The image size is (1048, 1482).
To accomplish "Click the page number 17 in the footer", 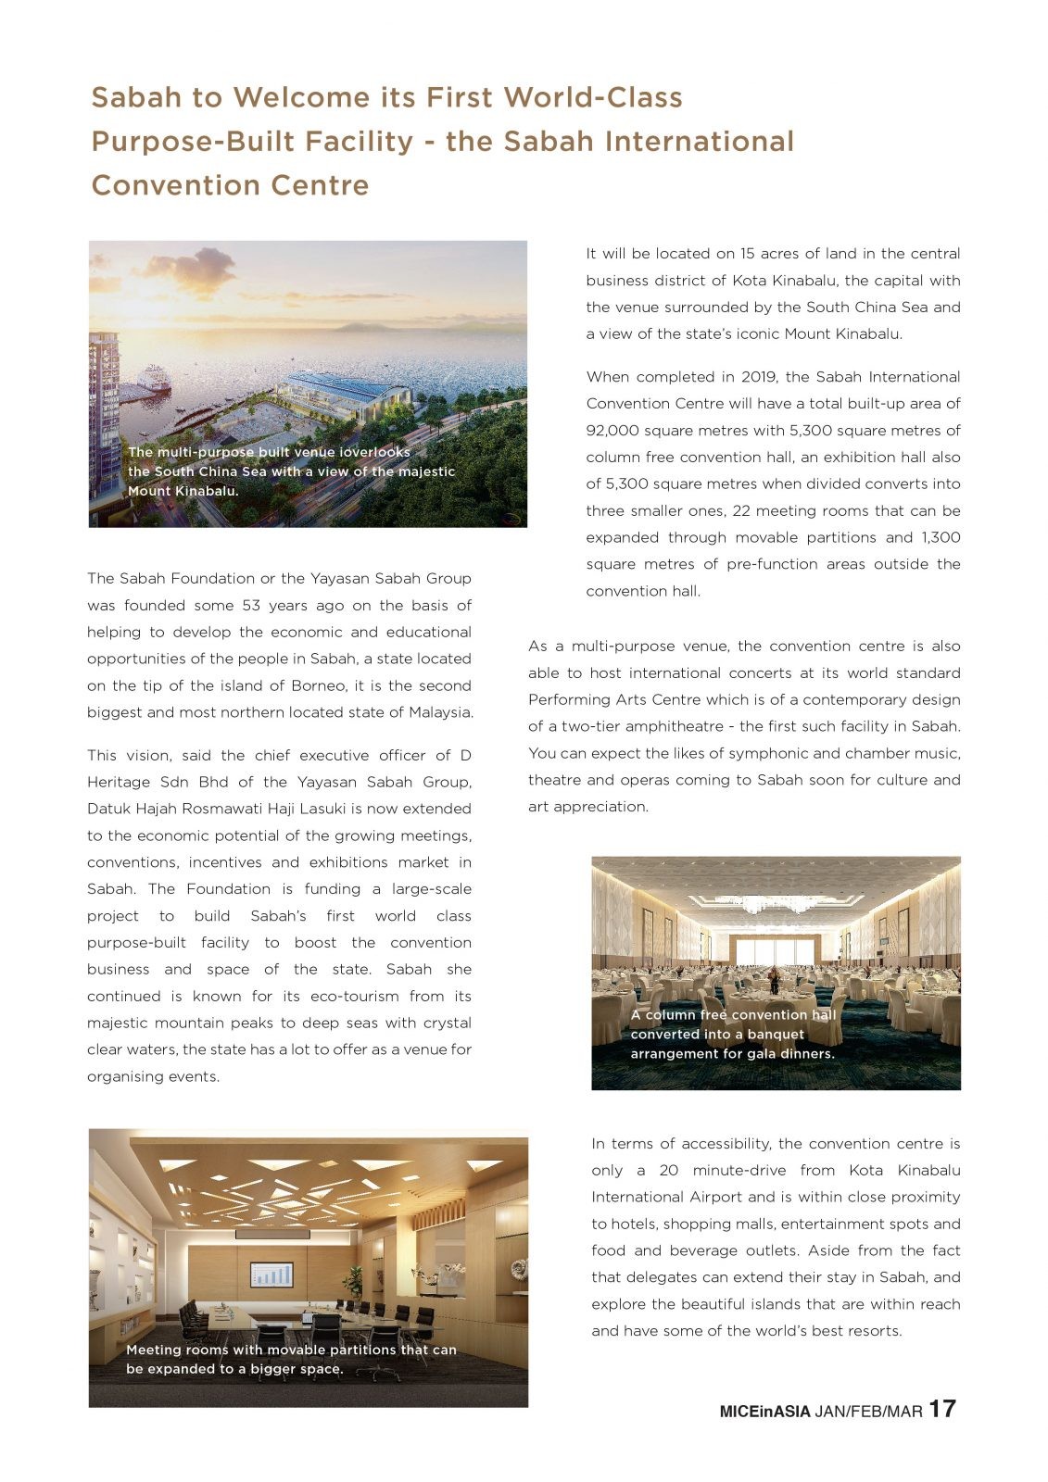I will click(x=941, y=1409).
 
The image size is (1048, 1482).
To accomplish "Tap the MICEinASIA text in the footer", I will click(x=764, y=1412).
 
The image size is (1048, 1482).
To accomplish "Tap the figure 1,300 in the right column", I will click(x=941, y=538).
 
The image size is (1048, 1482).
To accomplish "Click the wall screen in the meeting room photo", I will click(x=271, y=1275).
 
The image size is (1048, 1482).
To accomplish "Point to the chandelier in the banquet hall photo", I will click(x=774, y=903).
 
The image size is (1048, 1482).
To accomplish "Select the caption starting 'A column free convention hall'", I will click(x=733, y=1035).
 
